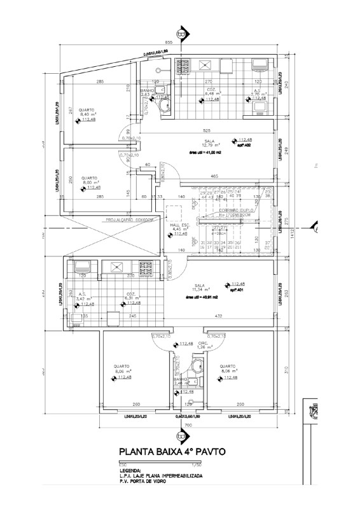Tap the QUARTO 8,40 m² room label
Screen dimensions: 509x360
coord(87,112)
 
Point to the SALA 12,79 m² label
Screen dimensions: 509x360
coord(209,144)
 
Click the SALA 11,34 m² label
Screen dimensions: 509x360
coord(202,289)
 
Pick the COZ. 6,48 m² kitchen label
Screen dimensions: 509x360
coord(211,93)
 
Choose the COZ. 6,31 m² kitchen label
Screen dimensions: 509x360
coord(131,296)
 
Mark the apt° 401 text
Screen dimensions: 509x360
coord(237,290)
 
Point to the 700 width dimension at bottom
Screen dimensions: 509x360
coord(188,424)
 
